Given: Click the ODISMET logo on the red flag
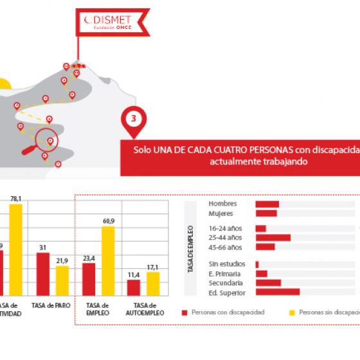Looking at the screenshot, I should [112, 22].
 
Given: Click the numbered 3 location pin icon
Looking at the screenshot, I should [133, 120].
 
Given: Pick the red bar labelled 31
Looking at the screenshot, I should [43, 273].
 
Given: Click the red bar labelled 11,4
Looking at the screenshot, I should [134, 287].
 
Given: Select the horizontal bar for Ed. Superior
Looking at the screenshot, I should [277, 292].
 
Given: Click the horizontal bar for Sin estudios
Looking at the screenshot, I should [257, 264].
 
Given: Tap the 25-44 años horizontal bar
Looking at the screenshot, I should [273, 237].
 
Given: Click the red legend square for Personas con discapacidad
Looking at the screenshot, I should [184, 312].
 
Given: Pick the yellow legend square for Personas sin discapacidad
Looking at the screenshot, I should [292, 312].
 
